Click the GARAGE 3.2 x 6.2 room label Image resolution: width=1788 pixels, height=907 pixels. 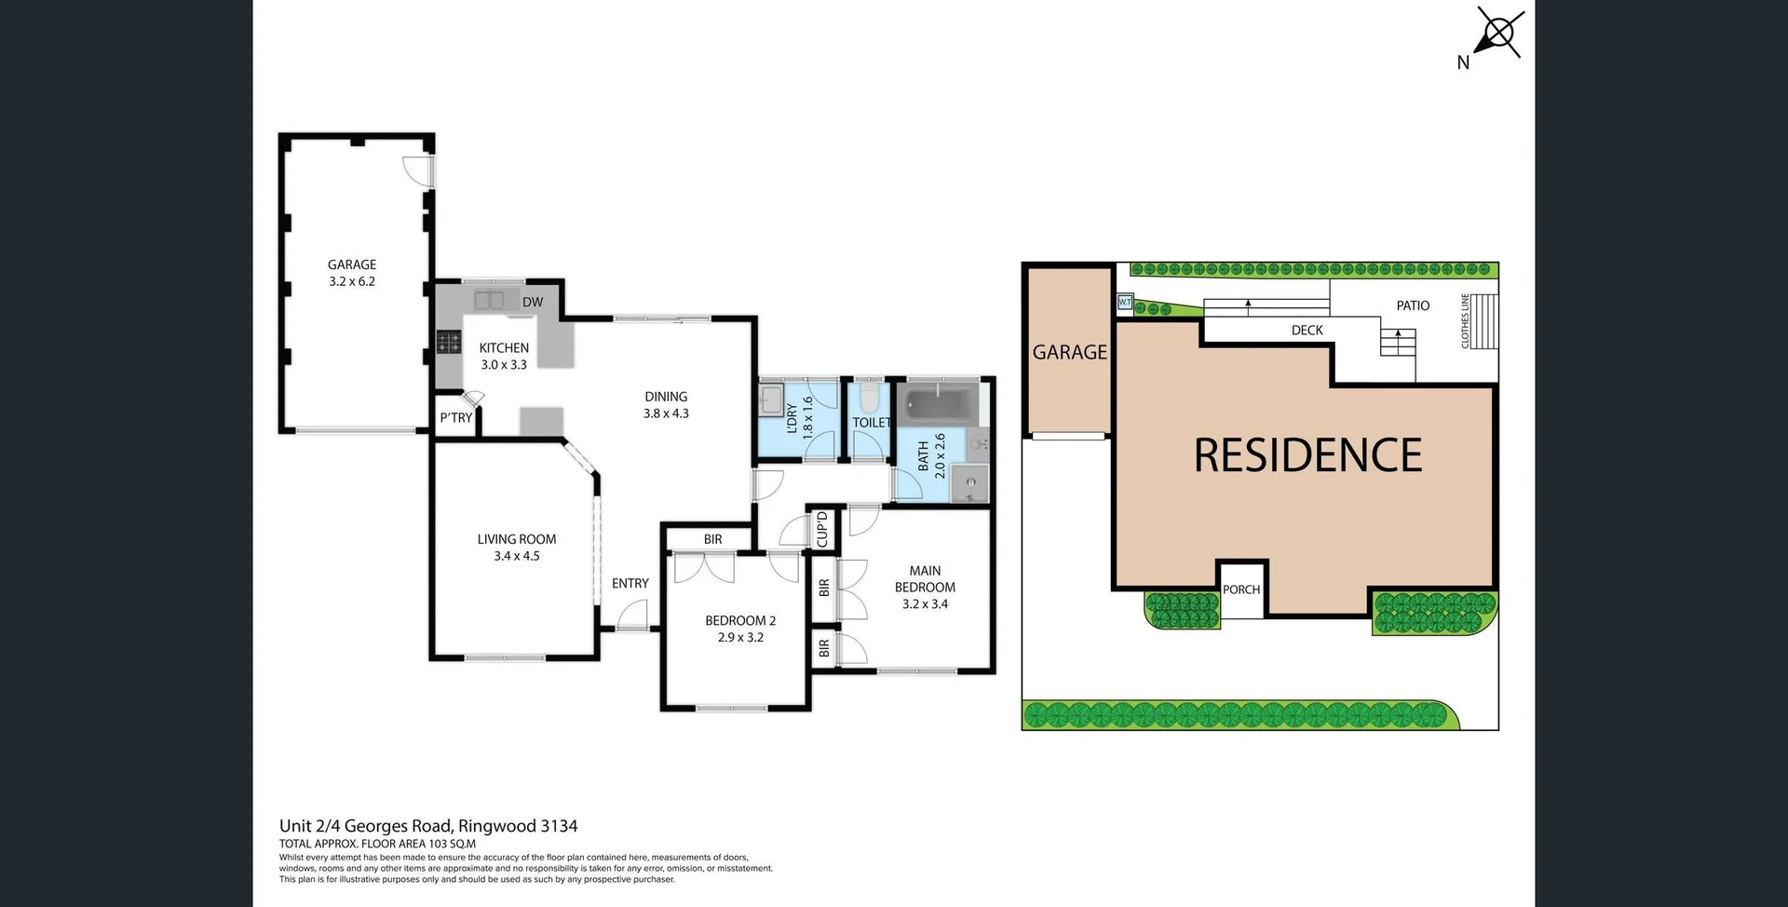click(352, 273)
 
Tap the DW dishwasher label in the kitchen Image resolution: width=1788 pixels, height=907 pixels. click(533, 303)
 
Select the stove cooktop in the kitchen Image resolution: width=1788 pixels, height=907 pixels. click(449, 343)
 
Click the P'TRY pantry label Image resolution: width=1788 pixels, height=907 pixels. click(455, 418)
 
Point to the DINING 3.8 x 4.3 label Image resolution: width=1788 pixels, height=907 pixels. click(666, 405)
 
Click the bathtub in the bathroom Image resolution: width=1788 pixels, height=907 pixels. click(939, 405)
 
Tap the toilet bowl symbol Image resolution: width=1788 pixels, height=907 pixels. click(869, 399)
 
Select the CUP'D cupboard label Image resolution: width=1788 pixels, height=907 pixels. click(822, 529)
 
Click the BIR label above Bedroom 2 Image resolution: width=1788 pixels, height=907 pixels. click(712, 539)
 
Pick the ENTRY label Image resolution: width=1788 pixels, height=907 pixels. click(630, 583)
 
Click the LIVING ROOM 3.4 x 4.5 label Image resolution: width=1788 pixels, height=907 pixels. click(517, 548)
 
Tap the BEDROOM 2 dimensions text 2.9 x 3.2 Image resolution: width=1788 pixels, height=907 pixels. click(740, 638)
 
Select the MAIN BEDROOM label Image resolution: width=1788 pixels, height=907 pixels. click(925, 579)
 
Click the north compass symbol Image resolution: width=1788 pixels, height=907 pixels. click(1498, 35)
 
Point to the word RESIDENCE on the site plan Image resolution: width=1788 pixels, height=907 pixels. click(1307, 456)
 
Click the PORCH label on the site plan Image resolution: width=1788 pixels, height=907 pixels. click(1241, 589)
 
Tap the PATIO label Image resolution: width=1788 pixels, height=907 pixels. click(1413, 305)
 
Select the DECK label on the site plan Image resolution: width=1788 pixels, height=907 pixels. click(1307, 331)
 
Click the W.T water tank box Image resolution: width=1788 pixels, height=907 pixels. click(1125, 303)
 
